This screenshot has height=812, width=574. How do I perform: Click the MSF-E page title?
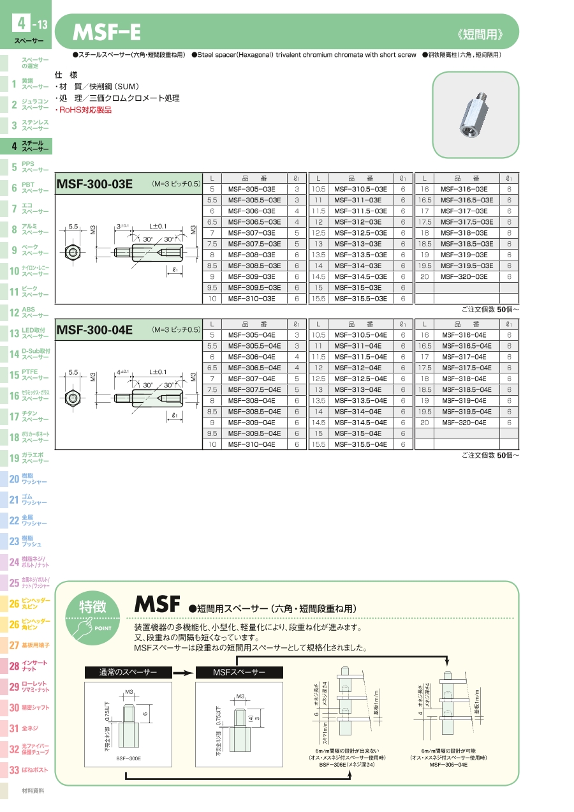[x=107, y=32]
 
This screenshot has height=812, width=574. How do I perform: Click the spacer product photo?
[x=475, y=115]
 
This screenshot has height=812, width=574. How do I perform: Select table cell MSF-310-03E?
[x=252, y=299]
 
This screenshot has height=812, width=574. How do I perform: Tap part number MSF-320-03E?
[x=464, y=276]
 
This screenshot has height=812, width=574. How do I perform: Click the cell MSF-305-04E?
[x=252, y=335]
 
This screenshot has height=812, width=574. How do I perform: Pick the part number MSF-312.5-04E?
[x=360, y=379]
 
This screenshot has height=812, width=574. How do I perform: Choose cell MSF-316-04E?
[x=464, y=335]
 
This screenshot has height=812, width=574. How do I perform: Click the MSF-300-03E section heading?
[x=95, y=184]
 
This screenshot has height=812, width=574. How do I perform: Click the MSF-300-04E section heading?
[x=95, y=330]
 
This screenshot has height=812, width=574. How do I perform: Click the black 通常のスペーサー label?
[x=128, y=672]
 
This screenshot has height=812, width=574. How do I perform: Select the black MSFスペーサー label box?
[x=239, y=672]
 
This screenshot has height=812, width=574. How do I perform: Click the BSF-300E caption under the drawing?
[x=128, y=758]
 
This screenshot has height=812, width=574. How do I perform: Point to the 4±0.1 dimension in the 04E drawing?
[x=122, y=372]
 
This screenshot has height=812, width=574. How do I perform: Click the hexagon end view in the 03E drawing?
[x=75, y=253]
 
